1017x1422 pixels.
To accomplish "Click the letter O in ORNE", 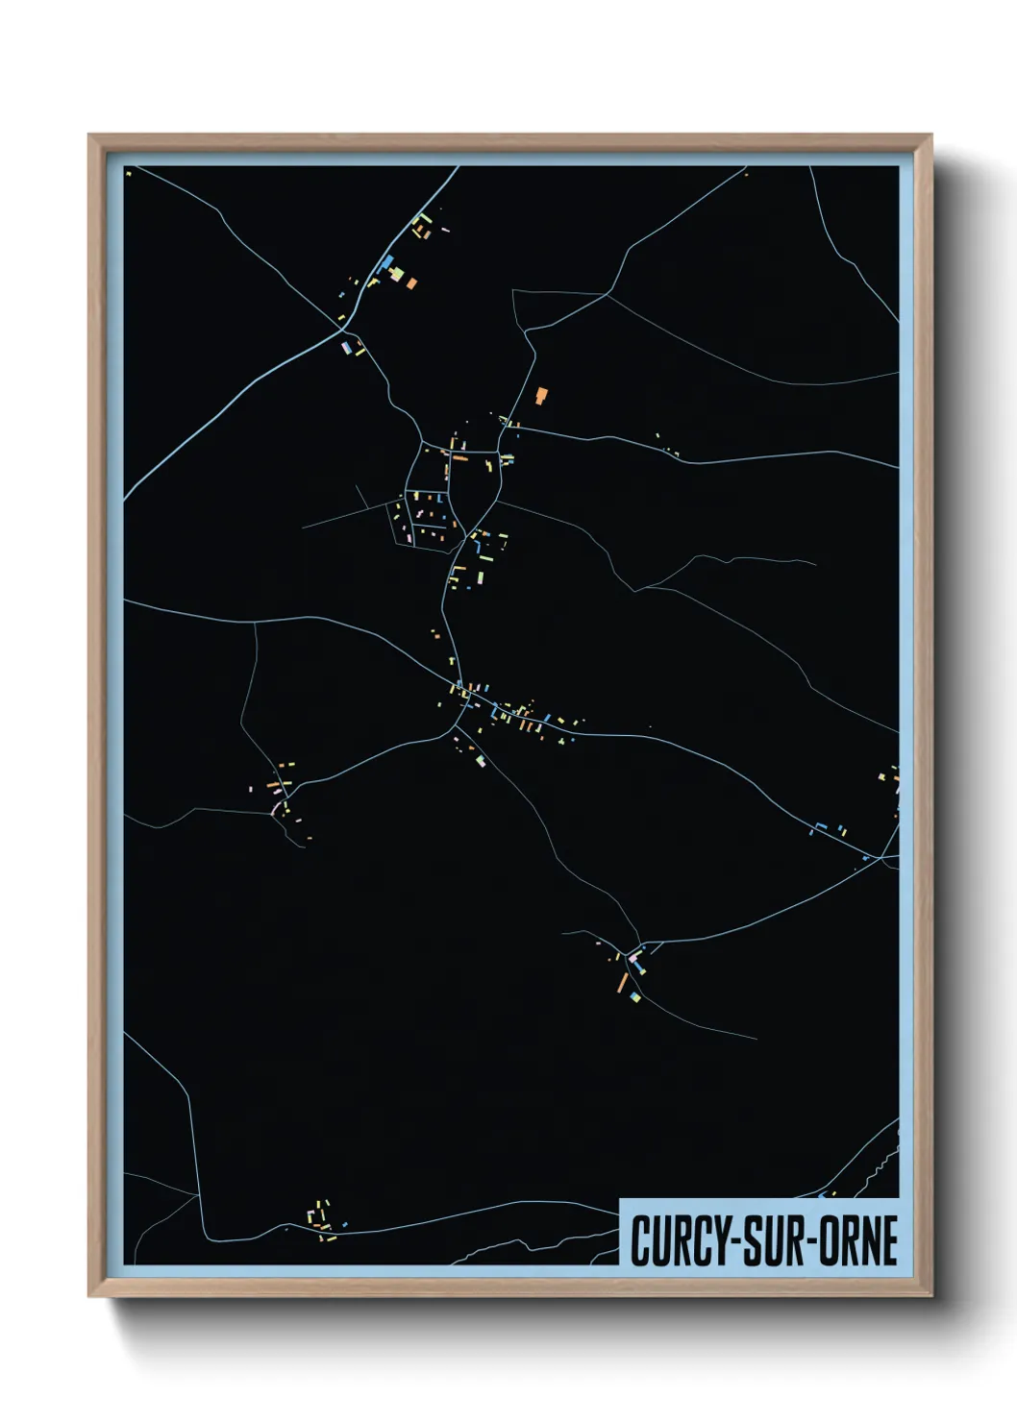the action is coord(832,1240).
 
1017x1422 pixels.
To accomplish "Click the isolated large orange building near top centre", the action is coord(541,394).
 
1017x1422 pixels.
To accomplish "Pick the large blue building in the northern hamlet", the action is coord(386,262).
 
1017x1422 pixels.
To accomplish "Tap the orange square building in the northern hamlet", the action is coord(411,282).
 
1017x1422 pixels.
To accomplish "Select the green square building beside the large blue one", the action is coord(396,274).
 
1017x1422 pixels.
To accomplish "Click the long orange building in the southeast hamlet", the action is coord(623,982).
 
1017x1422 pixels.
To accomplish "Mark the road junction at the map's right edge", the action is coord(882,857).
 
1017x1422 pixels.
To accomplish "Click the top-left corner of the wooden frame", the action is coord(90,136).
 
